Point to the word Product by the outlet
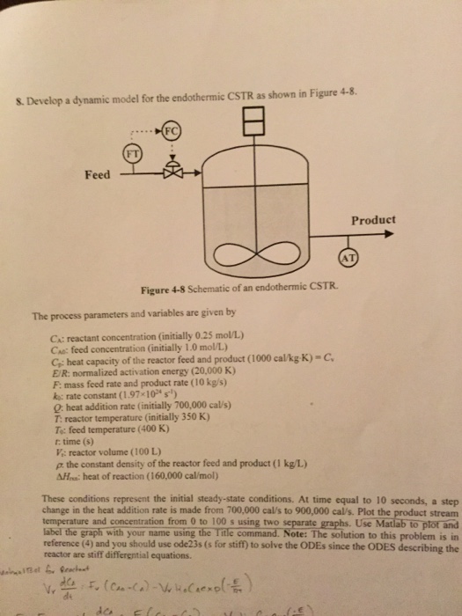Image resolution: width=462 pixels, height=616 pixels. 373,219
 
